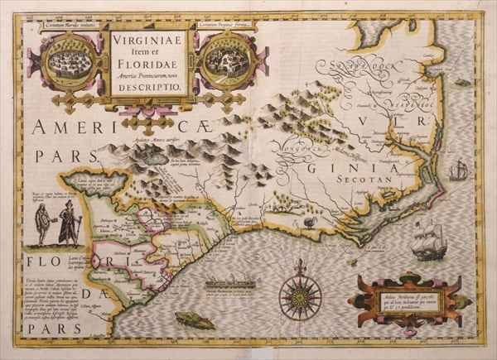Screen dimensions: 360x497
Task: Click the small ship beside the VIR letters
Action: (x=459, y=171)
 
